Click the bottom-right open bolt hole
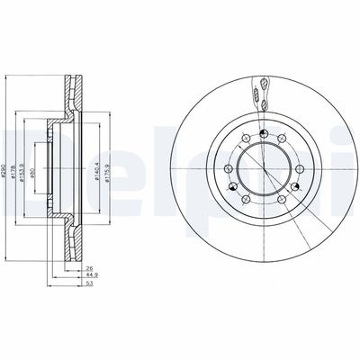(282, 200)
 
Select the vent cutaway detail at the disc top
(260, 88)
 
